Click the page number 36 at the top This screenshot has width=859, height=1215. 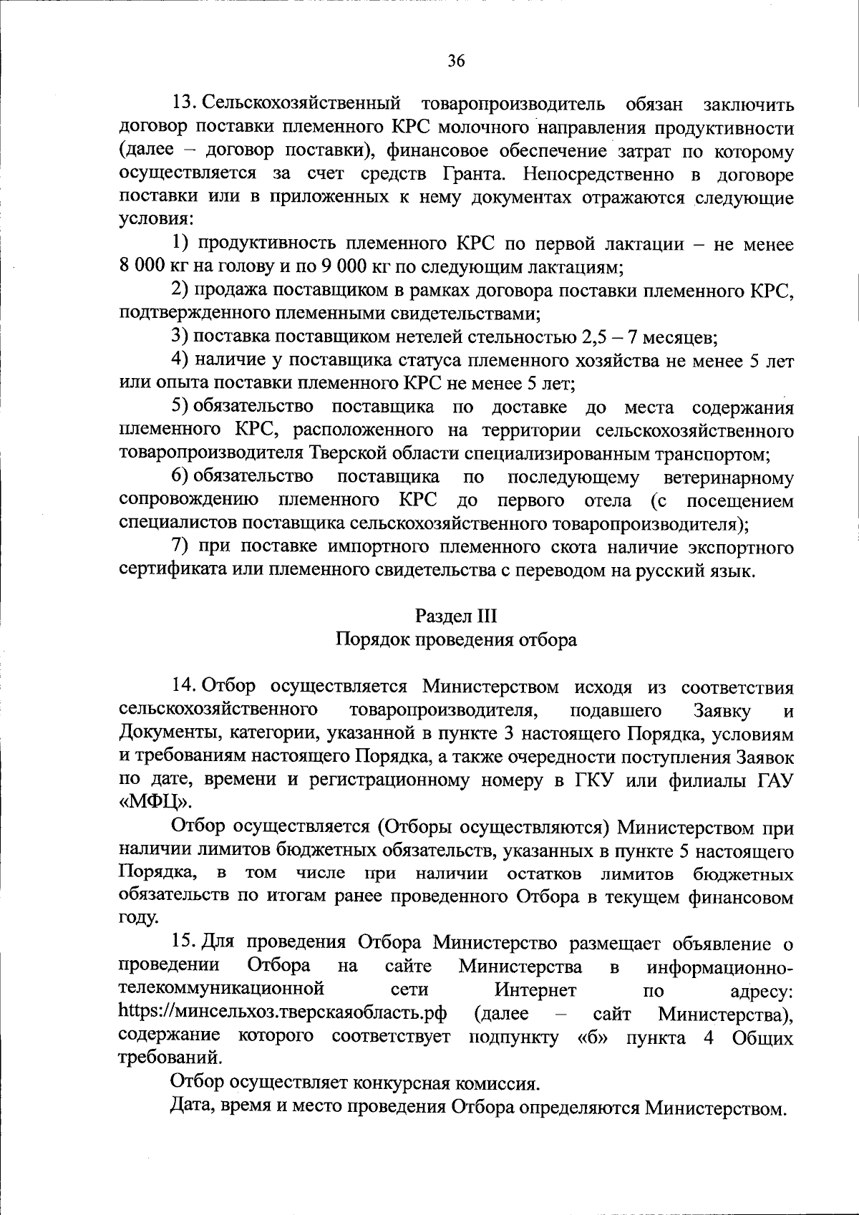pos(457,61)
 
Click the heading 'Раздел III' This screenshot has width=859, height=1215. pos(456,616)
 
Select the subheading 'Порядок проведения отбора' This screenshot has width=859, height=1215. pos(456,639)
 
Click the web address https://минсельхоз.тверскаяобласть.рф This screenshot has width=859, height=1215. pos(283,1013)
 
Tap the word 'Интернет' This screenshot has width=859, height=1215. pos(535,990)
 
